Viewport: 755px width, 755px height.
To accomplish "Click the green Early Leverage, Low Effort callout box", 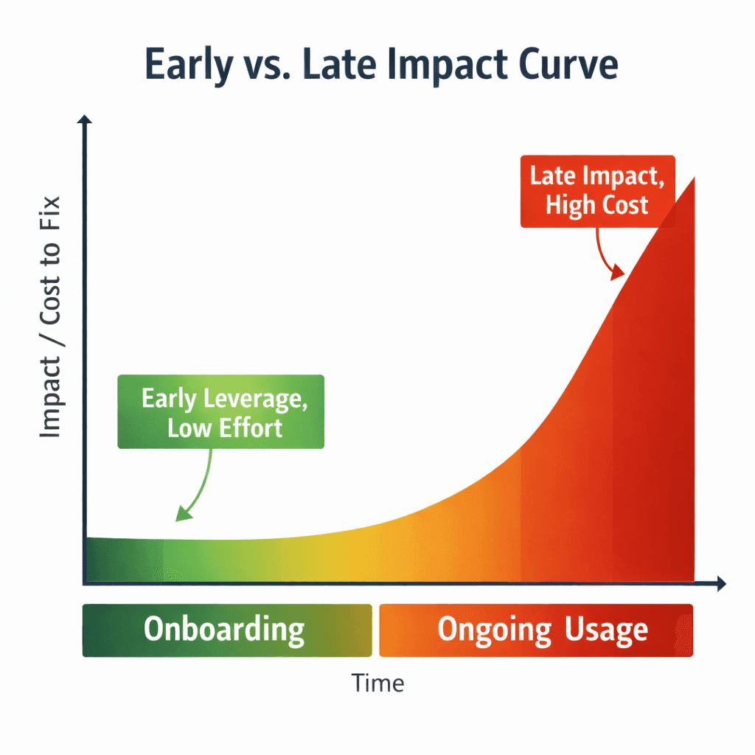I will (220, 411).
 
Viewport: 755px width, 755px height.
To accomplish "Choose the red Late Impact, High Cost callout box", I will (597, 191).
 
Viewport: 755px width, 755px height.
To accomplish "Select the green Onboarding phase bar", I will (226, 630).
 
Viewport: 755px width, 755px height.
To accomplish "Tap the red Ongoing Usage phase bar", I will (536, 630).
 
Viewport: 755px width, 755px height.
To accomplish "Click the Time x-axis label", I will (377, 683).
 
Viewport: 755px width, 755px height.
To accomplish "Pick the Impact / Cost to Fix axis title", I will (49, 317).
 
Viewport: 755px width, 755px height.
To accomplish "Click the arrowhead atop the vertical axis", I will (86, 120).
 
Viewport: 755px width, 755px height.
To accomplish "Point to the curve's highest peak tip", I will (693, 179).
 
